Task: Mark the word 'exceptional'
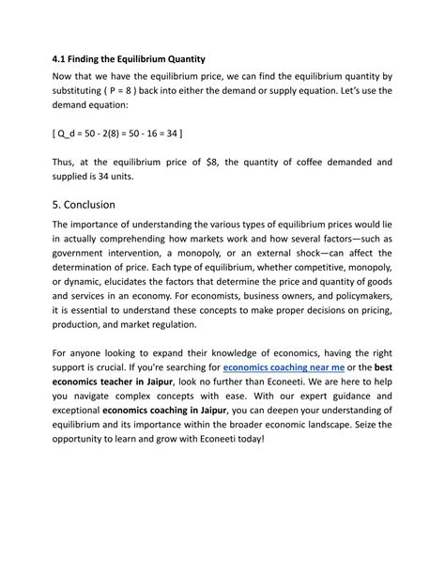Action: (76, 412)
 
